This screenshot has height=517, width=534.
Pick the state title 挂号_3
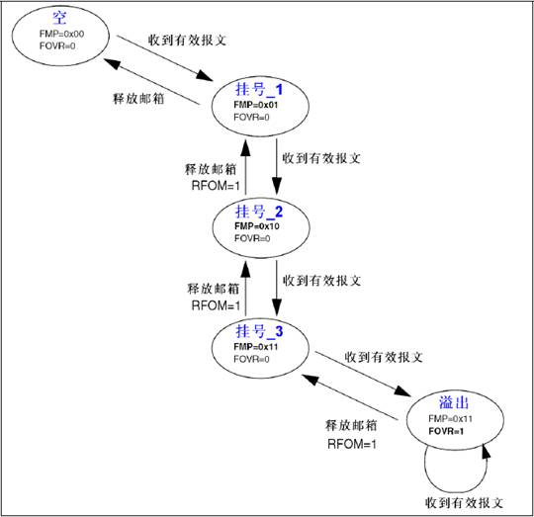259,330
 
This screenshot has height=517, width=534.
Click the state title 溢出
455,402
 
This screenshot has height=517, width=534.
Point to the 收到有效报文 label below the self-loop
463,499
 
